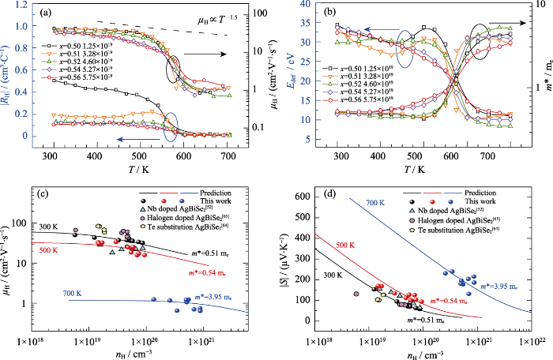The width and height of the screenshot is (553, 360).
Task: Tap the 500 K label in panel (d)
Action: [345, 245]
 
